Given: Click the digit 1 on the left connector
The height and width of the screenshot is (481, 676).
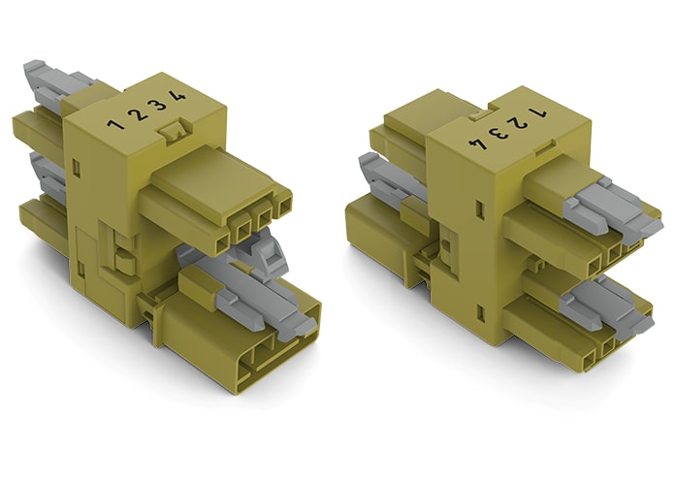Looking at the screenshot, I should tap(115, 124).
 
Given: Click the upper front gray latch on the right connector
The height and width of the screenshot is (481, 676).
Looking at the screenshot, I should tap(611, 209).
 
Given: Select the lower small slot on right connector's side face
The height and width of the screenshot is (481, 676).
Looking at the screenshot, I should tap(480, 311).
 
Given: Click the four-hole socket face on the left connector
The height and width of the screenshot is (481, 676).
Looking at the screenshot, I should tap(254, 218).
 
